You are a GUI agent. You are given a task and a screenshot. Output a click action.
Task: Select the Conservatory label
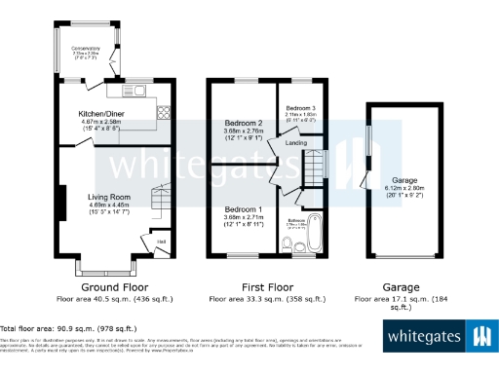[x=87, y=48]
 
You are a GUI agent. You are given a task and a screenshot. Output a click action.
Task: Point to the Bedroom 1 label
[x=244, y=209]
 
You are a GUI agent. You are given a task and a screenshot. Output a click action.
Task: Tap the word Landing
[x=296, y=143]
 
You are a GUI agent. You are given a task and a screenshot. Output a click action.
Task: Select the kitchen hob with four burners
[x=163, y=111]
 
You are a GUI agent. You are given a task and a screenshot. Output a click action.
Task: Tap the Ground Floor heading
[x=113, y=287]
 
